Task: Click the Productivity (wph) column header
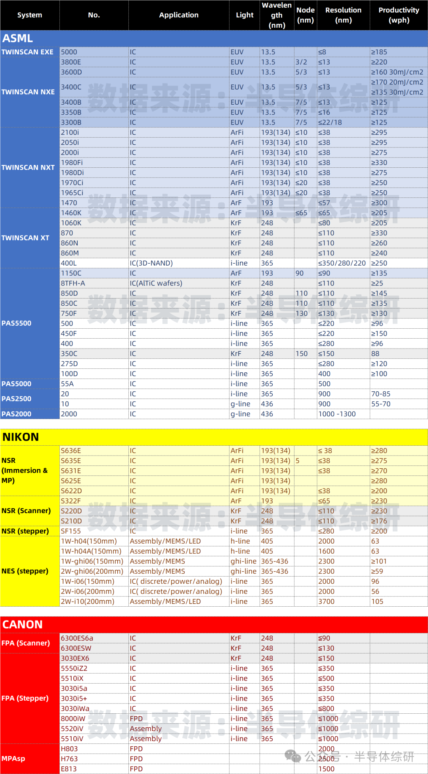click(399, 15)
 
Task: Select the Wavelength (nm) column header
click(277, 15)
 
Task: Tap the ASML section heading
click(18, 38)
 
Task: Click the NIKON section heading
click(21, 437)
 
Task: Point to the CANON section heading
click(23, 625)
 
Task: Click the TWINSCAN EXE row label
click(27, 52)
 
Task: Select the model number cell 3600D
click(71, 72)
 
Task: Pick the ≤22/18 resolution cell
click(330, 123)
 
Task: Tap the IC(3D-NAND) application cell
click(151, 263)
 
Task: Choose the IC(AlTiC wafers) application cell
click(156, 283)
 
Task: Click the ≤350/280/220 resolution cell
click(342, 263)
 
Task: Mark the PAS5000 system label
click(16, 384)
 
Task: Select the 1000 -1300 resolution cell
click(337, 414)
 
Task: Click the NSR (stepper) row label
click(25, 531)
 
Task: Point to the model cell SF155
click(71, 531)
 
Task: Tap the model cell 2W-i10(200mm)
click(88, 602)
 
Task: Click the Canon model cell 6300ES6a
click(77, 638)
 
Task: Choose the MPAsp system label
click(13, 759)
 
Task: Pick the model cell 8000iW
click(73, 718)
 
